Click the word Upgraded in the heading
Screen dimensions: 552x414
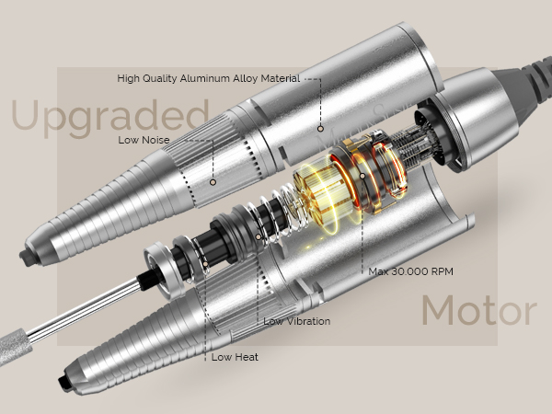click(110, 116)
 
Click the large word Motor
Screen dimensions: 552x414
click(479, 310)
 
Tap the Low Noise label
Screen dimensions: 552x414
click(144, 140)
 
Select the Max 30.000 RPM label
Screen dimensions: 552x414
click(411, 271)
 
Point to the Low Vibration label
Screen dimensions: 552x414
click(297, 321)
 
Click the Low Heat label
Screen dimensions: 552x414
click(235, 357)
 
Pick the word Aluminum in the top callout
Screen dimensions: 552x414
click(204, 78)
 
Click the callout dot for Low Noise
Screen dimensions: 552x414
click(213, 182)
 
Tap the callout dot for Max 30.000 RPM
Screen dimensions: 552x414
click(362, 176)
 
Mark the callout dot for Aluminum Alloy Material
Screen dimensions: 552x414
click(320, 129)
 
